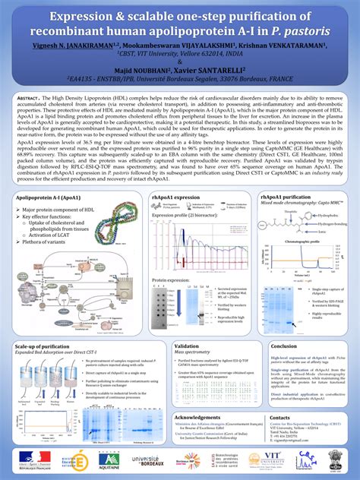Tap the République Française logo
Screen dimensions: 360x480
pos(29,459)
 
